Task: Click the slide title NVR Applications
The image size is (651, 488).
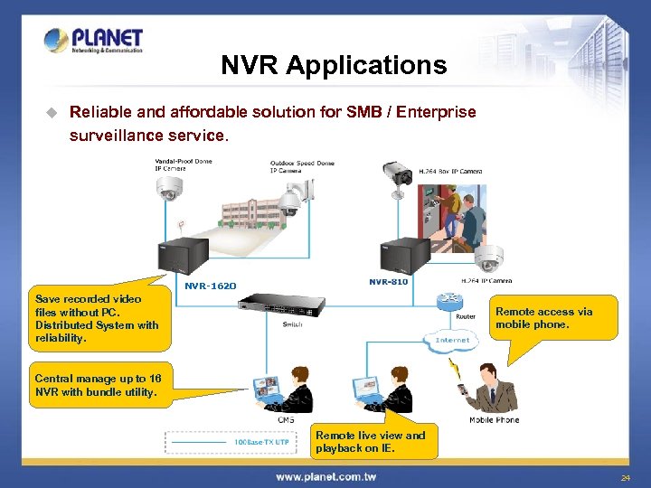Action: [334, 65]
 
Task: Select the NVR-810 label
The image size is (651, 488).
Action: [389, 282]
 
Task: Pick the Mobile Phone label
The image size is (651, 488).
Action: [494, 420]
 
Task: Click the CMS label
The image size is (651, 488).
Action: [285, 419]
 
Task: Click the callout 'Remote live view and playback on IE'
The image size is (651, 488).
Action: [371, 441]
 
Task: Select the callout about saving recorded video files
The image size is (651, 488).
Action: [96, 318]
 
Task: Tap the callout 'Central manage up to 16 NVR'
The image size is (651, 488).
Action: [98, 386]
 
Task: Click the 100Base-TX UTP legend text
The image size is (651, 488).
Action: [261, 442]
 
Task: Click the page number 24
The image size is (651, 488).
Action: [625, 477]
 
